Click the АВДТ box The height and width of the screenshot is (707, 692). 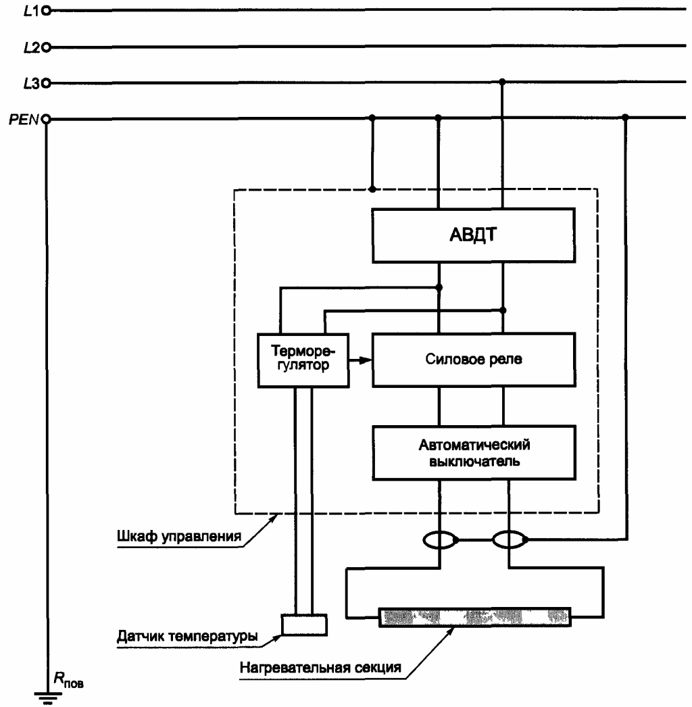473,235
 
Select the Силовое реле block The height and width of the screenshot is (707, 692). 473,360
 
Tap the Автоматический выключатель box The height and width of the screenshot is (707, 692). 474,453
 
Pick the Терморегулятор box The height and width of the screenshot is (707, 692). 303,360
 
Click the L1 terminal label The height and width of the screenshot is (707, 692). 32,11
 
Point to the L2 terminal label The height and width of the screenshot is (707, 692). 32,47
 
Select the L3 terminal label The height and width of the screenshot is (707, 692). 32,83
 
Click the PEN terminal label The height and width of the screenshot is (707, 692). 24,120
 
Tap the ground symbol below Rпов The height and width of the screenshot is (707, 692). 47,698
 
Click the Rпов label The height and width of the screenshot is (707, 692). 68,680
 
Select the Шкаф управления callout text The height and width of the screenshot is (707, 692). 179,536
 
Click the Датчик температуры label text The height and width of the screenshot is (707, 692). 187,636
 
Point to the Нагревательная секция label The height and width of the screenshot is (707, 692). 320,667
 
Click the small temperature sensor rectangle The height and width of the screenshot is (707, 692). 304,625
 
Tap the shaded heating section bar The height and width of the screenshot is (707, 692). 474,617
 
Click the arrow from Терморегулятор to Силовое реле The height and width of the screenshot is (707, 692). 360,360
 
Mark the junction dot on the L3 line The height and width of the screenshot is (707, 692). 503,82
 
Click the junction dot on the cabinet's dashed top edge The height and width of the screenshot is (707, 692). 372,189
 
